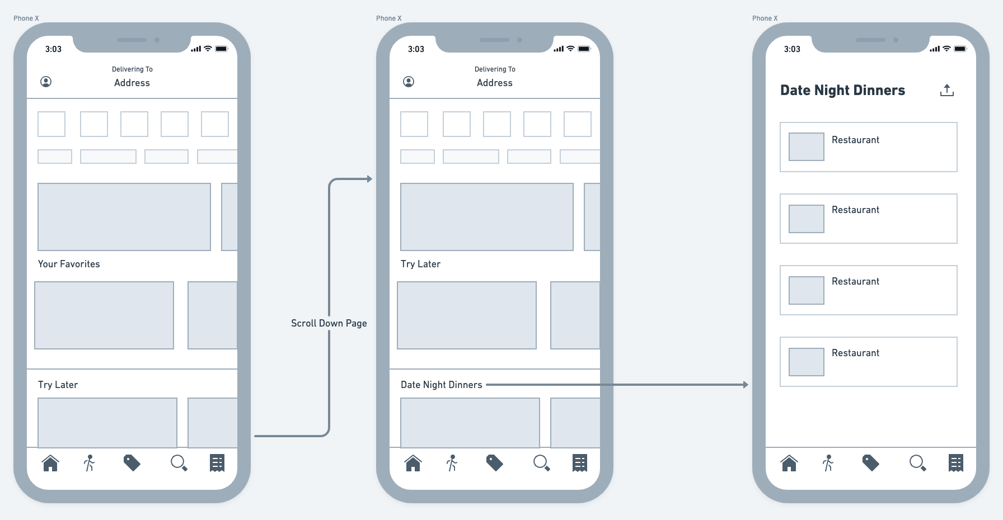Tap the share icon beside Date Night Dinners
pyautogui.click(x=946, y=90)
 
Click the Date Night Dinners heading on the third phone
pyautogui.click(x=842, y=91)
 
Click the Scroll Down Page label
pyautogui.click(x=329, y=323)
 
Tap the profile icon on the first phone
pyautogui.click(x=46, y=82)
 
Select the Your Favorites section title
pyautogui.click(x=69, y=264)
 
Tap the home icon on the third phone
pyautogui.click(x=789, y=463)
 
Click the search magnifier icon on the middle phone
pyautogui.click(x=541, y=463)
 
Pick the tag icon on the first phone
pyautogui.click(x=132, y=463)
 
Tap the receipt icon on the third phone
pyautogui.click(x=956, y=463)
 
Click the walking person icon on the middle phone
pyautogui.click(x=452, y=463)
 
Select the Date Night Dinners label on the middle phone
pyautogui.click(x=441, y=385)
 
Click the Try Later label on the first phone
pyautogui.click(x=58, y=385)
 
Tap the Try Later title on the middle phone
pyautogui.click(x=420, y=264)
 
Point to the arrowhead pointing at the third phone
pyautogui.click(x=746, y=385)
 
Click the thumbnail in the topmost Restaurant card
pyautogui.click(x=806, y=146)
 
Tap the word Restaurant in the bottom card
pyautogui.click(x=855, y=353)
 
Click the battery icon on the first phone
pyautogui.click(x=222, y=49)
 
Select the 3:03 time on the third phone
pyautogui.click(x=792, y=49)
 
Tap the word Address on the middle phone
pyautogui.click(x=494, y=83)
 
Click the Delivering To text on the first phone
pyautogui.click(x=132, y=69)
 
